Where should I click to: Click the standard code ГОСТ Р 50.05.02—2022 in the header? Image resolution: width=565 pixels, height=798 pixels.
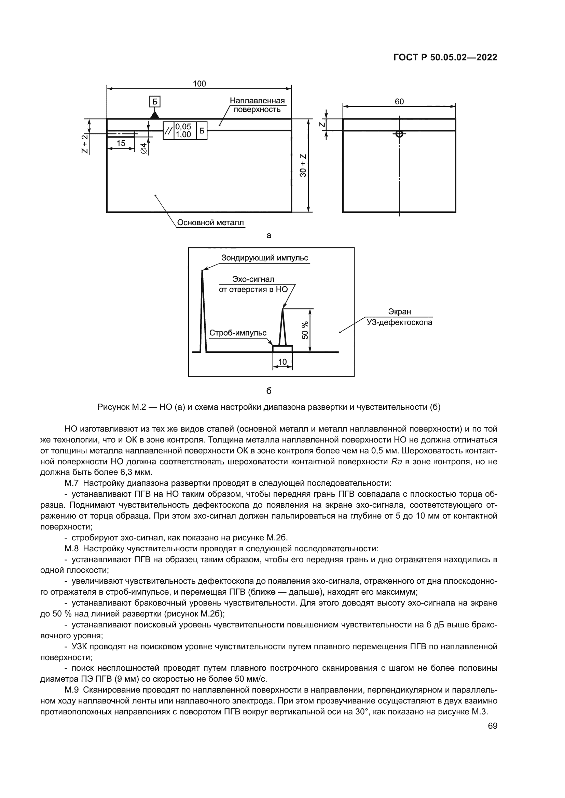[x=445, y=58]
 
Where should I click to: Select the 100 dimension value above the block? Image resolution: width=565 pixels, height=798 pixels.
[x=199, y=84]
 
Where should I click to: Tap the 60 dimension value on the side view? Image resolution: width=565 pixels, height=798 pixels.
[x=399, y=101]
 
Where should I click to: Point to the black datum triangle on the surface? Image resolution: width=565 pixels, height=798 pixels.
[x=154, y=115]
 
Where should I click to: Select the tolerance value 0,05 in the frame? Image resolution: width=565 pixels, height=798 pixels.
[x=183, y=127]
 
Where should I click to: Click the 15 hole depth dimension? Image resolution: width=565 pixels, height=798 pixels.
[x=121, y=143]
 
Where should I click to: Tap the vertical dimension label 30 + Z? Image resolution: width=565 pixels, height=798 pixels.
[x=303, y=165]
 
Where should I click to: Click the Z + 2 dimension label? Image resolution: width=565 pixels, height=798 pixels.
[x=84, y=143]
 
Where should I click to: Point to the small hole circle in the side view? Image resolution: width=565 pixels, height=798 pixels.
[x=399, y=134]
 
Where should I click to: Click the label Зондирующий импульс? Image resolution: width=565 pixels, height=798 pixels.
[x=264, y=258]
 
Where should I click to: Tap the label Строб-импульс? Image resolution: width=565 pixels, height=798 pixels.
[x=238, y=333]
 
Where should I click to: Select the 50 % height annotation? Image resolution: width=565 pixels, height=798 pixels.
[x=305, y=330]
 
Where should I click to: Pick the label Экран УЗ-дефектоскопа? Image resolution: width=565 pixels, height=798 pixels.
[x=399, y=317]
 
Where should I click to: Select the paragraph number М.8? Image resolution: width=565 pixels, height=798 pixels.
[x=72, y=549]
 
